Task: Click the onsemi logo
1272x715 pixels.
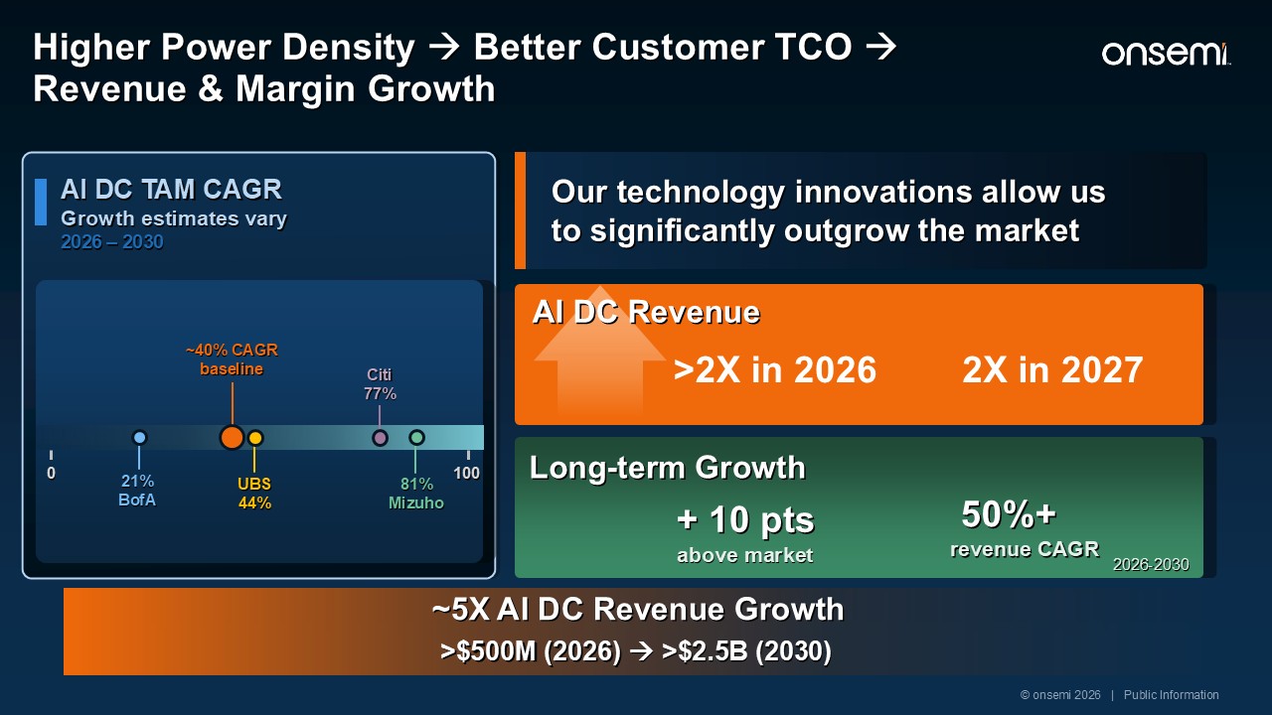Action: [1166, 54]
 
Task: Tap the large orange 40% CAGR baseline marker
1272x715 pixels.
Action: [232, 438]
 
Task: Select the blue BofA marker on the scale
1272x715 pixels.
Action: [139, 438]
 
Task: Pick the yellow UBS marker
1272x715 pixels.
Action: [255, 438]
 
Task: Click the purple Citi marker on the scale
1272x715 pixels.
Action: [380, 438]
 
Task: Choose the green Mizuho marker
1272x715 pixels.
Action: [416, 438]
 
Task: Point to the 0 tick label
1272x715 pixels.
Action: [51, 473]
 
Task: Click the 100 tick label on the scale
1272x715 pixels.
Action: [466, 473]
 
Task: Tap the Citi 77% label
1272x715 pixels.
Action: [380, 384]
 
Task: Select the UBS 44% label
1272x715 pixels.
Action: [254, 494]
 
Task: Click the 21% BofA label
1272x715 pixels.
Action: [137, 491]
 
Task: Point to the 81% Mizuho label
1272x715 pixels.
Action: [416, 494]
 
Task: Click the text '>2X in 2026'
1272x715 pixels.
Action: [775, 369]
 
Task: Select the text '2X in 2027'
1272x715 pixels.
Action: [1052, 369]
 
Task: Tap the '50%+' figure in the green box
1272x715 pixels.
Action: [1009, 513]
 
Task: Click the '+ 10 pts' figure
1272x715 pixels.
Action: [745, 519]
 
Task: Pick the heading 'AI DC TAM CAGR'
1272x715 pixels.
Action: [171, 189]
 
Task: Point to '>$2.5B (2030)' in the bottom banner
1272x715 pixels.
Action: [746, 650]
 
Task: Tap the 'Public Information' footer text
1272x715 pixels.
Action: [1171, 694]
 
